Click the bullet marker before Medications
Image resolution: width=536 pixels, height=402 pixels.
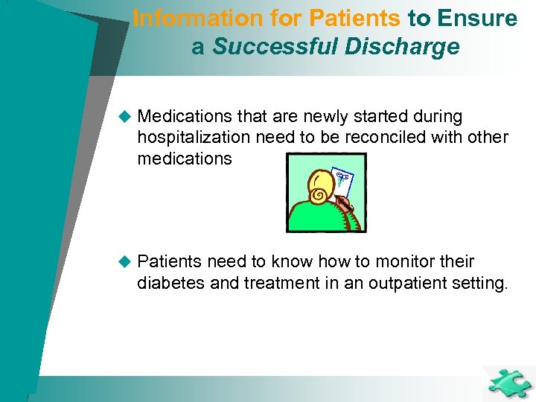click(124, 117)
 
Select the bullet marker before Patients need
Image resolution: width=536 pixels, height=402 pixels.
click(124, 262)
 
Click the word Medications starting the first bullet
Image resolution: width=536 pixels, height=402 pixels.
click(187, 117)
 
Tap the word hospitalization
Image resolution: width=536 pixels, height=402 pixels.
click(194, 138)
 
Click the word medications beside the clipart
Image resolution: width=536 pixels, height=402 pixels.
click(185, 159)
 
